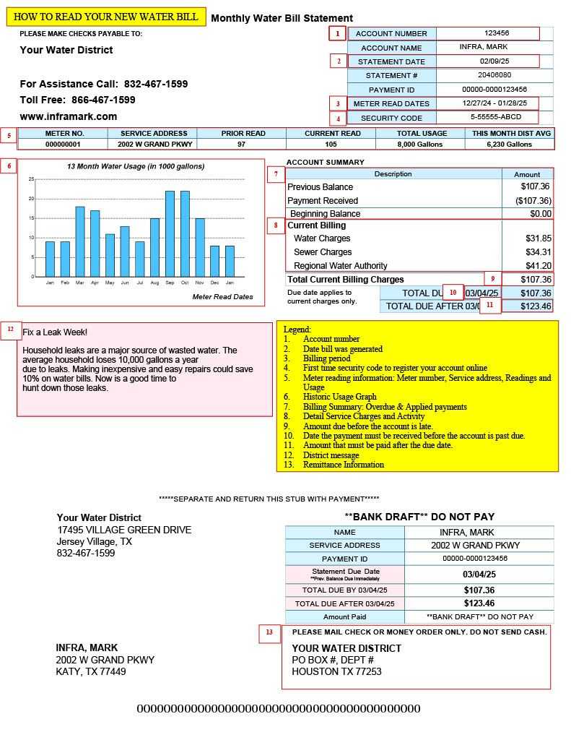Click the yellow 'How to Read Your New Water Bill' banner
click(x=105, y=17)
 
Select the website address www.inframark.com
click(x=69, y=116)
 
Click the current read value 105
click(x=331, y=144)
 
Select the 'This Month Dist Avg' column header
click(x=511, y=133)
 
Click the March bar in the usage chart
click(x=80, y=241)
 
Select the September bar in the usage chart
click(x=170, y=233)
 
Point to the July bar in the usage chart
click(x=139, y=259)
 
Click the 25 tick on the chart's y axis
click(x=31, y=178)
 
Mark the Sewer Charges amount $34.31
click(x=538, y=252)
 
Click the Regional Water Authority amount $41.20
click(x=538, y=266)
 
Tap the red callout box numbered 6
click(x=9, y=166)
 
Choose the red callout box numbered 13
click(x=269, y=633)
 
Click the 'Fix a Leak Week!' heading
click(x=55, y=332)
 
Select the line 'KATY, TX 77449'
click(x=91, y=671)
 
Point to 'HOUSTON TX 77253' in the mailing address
click(x=336, y=671)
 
